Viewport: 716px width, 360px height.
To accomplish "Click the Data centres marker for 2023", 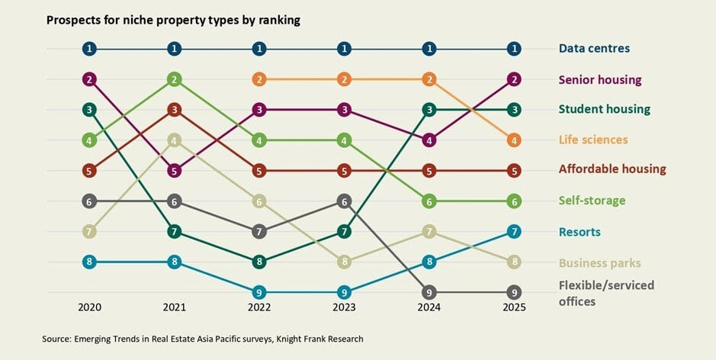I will (345, 49).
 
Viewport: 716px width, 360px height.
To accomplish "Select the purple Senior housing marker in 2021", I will (175, 171).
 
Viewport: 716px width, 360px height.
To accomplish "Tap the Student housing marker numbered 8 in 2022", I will (260, 262).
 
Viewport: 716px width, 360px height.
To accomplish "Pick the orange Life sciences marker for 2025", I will (516, 140).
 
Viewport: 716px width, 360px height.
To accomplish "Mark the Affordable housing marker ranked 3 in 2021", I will (175, 110).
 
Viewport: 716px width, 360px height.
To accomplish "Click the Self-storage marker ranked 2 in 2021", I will (175, 79).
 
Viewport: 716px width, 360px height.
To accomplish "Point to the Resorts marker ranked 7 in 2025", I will (516, 231).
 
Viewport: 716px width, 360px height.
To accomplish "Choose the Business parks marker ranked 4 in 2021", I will (175, 140).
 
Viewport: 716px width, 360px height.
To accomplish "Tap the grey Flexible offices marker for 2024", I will (431, 292).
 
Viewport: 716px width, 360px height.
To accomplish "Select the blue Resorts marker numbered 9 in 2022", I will (260, 292).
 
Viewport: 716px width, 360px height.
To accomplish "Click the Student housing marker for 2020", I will (90, 110).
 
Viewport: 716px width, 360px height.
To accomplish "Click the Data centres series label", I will (594, 49).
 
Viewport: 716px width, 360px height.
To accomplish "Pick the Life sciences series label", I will (593, 140).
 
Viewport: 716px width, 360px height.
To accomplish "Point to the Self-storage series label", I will (592, 201).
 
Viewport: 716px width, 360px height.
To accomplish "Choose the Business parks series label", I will (599, 263).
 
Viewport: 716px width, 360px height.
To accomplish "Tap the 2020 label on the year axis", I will (90, 307).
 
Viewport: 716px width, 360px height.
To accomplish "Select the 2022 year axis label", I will (260, 307).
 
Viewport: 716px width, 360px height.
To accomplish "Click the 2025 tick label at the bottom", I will (516, 307).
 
